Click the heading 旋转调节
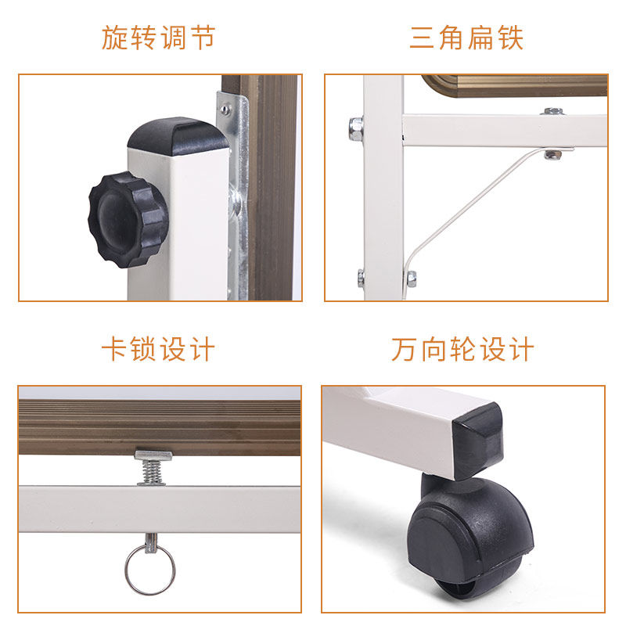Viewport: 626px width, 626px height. point(159,38)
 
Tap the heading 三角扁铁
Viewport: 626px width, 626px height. point(466,38)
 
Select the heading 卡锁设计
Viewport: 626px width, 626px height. point(159,349)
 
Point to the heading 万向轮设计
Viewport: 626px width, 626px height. point(462,349)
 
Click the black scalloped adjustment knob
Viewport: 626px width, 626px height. point(128,220)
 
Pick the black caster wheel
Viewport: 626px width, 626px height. point(469,535)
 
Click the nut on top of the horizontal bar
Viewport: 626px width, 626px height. point(553,111)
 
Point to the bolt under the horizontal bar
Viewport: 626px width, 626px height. point(553,155)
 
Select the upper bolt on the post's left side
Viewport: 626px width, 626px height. point(356,128)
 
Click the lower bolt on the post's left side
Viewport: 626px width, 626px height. point(361,279)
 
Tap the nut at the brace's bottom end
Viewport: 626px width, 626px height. point(412,279)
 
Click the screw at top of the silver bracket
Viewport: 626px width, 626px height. point(225,109)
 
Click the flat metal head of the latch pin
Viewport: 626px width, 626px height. point(153,455)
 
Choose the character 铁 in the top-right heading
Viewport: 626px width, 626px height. point(510,38)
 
